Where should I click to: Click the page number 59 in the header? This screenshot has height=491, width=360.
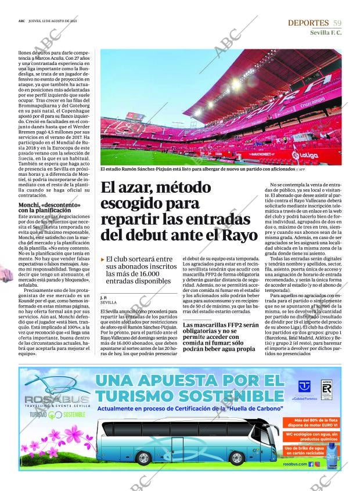[x=337, y=23]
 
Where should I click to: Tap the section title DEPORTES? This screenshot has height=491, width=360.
[x=308, y=23]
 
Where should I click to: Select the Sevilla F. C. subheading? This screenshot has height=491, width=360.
[x=326, y=33]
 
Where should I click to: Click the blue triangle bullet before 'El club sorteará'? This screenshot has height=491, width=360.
[x=103, y=259]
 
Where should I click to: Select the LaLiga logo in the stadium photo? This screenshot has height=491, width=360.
[x=308, y=156]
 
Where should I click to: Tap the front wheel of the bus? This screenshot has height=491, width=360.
[x=236, y=458]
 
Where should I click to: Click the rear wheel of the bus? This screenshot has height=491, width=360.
[x=142, y=458]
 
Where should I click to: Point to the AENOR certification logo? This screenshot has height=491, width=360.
[x=326, y=389]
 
